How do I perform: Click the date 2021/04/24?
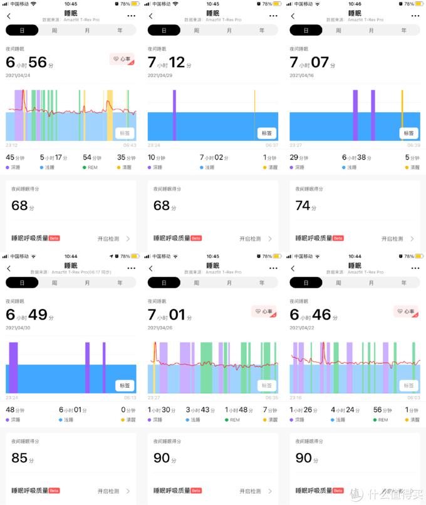(x=18, y=75)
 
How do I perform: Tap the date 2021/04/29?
(x=160, y=75)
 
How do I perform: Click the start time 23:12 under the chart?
(x=11, y=145)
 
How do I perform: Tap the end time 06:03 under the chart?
(x=414, y=397)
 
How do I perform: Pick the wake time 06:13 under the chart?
(x=130, y=397)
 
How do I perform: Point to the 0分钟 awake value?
(x=127, y=410)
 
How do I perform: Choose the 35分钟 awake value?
(x=126, y=158)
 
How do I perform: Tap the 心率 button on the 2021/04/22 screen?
(x=405, y=311)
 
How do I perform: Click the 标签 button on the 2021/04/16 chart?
(x=409, y=133)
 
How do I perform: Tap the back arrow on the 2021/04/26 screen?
(x=151, y=268)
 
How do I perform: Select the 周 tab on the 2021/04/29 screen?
(x=197, y=29)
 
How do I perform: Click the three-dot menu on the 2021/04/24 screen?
(x=131, y=16)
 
